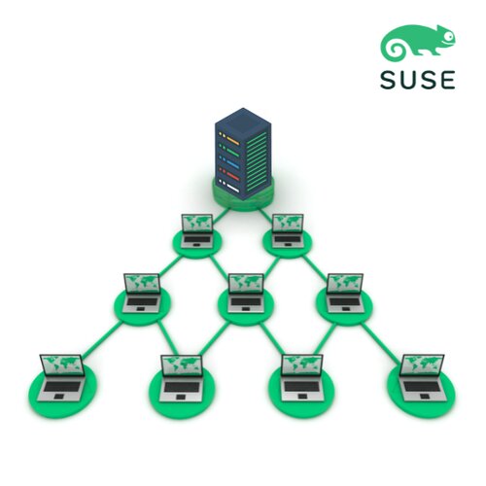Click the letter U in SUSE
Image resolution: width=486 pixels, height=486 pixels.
[409, 80]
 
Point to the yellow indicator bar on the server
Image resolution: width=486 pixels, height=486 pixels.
[232, 141]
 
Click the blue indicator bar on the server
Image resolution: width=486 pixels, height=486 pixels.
[233, 164]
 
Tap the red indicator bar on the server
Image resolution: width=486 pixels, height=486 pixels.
[233, 176]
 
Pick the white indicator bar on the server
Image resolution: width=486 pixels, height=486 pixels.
[233, 188]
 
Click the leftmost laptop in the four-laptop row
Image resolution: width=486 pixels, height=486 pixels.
[61, 378]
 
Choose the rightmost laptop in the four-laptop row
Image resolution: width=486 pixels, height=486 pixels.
[423, 378]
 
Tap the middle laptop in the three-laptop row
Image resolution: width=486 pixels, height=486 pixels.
[246, 294]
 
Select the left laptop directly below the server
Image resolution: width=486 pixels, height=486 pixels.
[196, 231]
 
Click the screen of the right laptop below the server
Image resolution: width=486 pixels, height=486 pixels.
[288, 223]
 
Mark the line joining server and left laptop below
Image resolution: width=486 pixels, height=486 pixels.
[221, 216]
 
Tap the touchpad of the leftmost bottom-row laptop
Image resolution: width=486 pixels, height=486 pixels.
[58, 397]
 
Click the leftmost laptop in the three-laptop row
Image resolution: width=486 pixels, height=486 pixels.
[142, 294]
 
